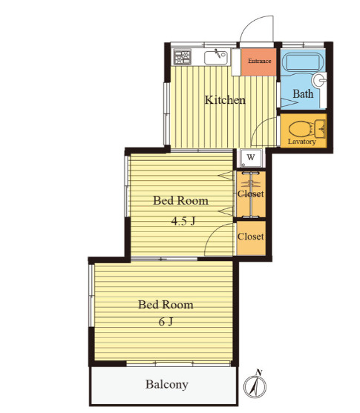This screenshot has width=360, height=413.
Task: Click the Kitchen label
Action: point(225,100)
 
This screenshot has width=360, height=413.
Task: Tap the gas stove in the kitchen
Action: point(183,57)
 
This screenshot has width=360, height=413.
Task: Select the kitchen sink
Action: point(216,57)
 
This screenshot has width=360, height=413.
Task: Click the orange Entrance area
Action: point(258,62)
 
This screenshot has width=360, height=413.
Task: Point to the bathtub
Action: point(303,62)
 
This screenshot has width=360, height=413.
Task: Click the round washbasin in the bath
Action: point(318,80)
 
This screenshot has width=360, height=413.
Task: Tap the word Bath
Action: point(303,93)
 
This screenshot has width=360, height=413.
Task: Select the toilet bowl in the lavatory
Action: point(300,129)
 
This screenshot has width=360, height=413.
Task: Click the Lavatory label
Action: point(301,142)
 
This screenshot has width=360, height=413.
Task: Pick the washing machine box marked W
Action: point(251,158)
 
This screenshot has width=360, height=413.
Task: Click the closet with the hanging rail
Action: point(251,194)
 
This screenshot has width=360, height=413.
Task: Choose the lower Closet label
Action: point(251,237)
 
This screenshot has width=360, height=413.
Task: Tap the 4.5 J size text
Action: point(183,221)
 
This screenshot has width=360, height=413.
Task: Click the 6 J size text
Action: point(166,322)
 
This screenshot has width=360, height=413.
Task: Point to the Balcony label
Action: point(167,384)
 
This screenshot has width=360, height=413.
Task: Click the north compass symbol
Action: point(255,386)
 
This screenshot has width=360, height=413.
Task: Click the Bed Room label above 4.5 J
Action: point(180,201)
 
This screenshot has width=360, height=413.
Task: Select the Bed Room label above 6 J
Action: point(166,305)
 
